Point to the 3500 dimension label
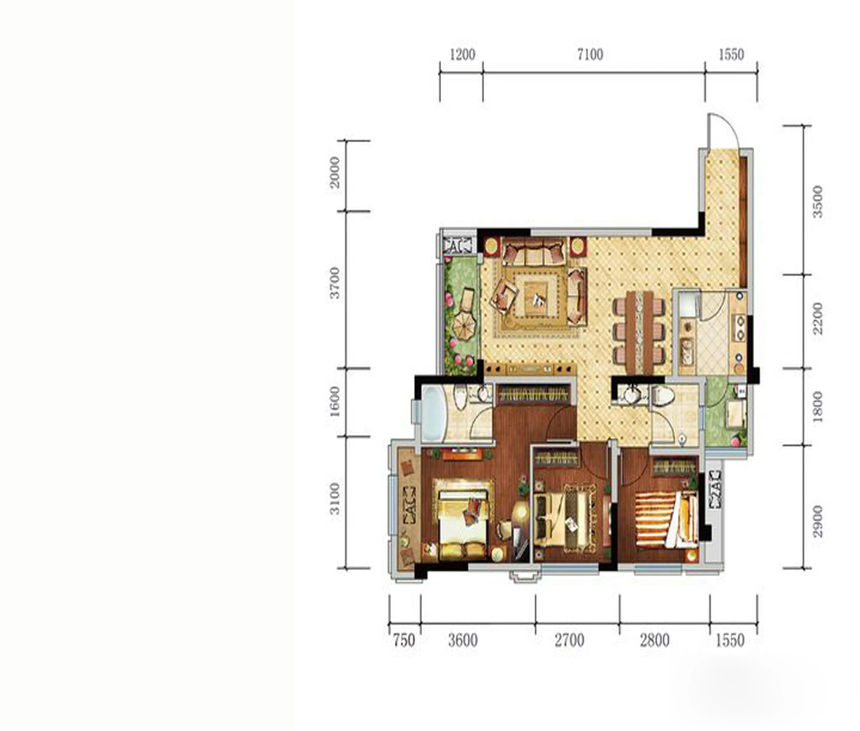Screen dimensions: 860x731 (x=817, y=202)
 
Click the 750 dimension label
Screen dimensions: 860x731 (x=404, y=641)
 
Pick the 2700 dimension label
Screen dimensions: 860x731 (x=569, y=641)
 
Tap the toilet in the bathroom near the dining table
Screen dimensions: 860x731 (x=662, y=396)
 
